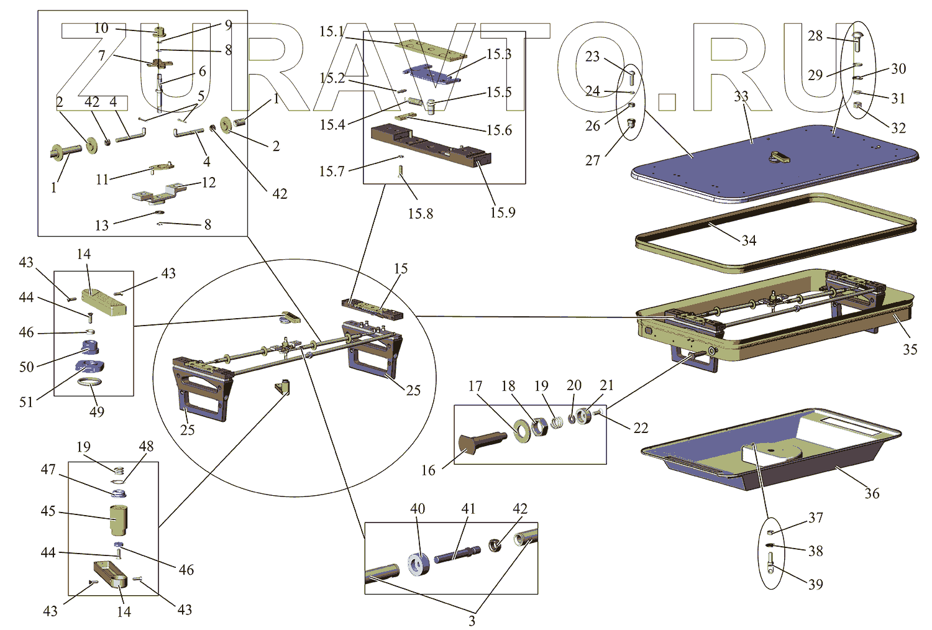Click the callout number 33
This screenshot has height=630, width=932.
741,96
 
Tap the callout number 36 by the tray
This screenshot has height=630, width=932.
872,493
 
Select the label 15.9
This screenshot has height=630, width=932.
503,212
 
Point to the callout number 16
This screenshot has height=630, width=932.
428,470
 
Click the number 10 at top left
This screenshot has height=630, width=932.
101,28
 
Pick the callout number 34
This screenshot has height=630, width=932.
749,240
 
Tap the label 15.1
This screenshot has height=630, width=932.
332,31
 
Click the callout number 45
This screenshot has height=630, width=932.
48,511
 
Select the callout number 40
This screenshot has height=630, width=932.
418,509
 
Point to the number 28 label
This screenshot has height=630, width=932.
815,35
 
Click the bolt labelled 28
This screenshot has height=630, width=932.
856,41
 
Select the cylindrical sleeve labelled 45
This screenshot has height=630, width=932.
118,520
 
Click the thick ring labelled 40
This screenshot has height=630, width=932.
419,564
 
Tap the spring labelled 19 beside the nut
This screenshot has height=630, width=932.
557,422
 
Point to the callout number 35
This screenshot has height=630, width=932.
910,349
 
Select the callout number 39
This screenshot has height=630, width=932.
816,584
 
